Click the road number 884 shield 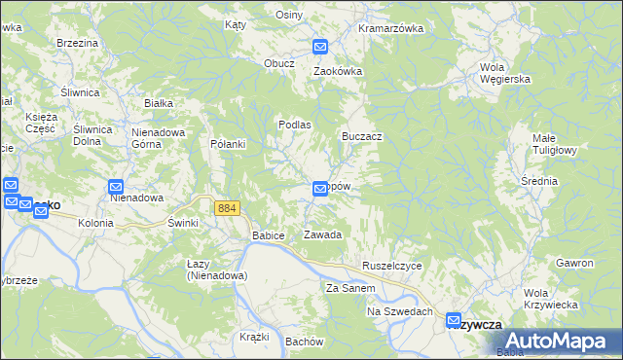pyautogui.click(x=228, y=208)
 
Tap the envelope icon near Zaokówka pyautogui.click(x=320, y=46)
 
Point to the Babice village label pyautogui.click(x=268, y=235)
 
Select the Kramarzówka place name pyautogui.click(x=390, y=28)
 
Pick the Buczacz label pyautogui.click(x=361, y=137)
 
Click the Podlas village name pyautogui.click(x=294, y=125)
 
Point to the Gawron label pyautogui.click(x=574, y=264)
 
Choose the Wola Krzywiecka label pyautogui.click(x=550, y=299)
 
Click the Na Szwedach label pyautogui.click(x=399, y=311)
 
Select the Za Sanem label pyautogui.click(x=350, y=288)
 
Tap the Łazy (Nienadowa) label pyautogui.click(x=217, y=270)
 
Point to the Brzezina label pyautogui.click(x=78, y=43)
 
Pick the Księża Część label pyautogui.click(x=41, y=123)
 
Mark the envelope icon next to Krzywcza pyautogui.click(x=455, y=319)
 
